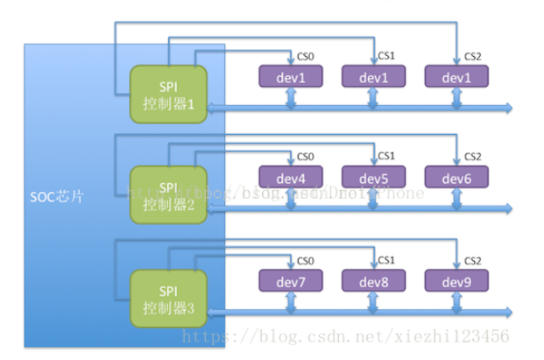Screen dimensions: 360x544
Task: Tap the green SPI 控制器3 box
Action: (168, 294)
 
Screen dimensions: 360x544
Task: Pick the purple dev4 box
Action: (289, 179)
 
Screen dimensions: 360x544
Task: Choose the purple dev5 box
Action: (372, 179)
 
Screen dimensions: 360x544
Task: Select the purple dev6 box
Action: (456, 179)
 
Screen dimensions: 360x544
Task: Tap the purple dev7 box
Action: (289, 281)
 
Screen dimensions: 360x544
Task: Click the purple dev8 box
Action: (372, 281)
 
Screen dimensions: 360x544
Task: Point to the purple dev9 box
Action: (456, 281)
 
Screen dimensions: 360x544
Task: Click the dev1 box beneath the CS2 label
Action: (456, 77)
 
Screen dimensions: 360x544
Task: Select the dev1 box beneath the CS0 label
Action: (289, 77)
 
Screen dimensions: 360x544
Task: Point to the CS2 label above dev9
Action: (473, 260)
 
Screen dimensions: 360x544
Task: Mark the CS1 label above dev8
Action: (386, 260)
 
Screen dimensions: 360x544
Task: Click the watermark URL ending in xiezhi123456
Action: (404, 335)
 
